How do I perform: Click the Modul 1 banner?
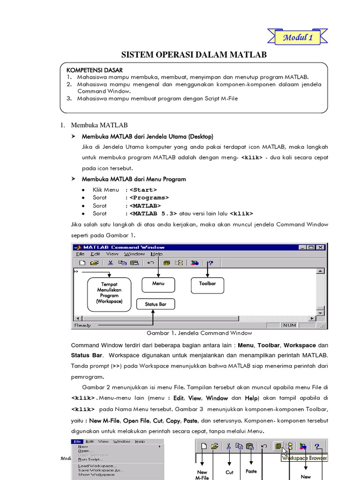(297, 37)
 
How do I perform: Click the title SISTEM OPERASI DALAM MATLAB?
(194, 55)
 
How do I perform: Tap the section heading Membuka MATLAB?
(99, 125)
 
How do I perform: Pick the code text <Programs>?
(149, 198)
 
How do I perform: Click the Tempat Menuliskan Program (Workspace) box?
(109, 293)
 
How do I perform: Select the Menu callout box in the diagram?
(158, 284)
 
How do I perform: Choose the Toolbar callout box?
(207, 284)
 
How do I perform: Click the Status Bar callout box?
(156, 304)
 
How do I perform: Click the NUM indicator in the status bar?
(289, 325)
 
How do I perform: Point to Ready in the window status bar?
(82, 325)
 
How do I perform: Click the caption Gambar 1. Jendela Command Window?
(199, 333)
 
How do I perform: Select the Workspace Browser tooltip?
(304, 458)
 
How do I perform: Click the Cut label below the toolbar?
(229, 472)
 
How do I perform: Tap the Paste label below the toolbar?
(251, 471)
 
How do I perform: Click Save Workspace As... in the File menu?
(101, 470)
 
